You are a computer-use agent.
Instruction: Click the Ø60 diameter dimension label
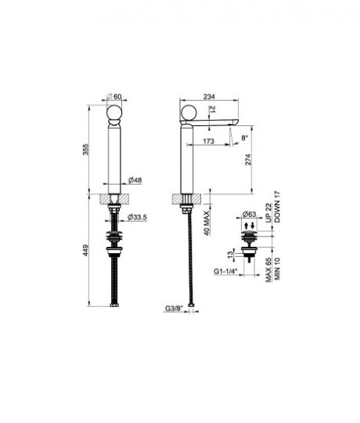point(114,96)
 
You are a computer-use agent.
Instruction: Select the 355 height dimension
point(85,150)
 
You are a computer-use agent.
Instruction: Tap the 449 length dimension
point(85,250)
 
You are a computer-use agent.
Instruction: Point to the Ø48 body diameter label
point(135,180)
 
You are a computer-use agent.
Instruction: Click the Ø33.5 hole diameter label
point(137,217)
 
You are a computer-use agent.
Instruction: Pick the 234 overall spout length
point(209,96)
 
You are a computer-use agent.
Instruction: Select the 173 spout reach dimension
point(208,141)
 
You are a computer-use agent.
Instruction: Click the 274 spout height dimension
point(248,160)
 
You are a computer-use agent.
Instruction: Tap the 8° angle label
point(244,138)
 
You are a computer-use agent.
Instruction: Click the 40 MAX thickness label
point(207,223)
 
